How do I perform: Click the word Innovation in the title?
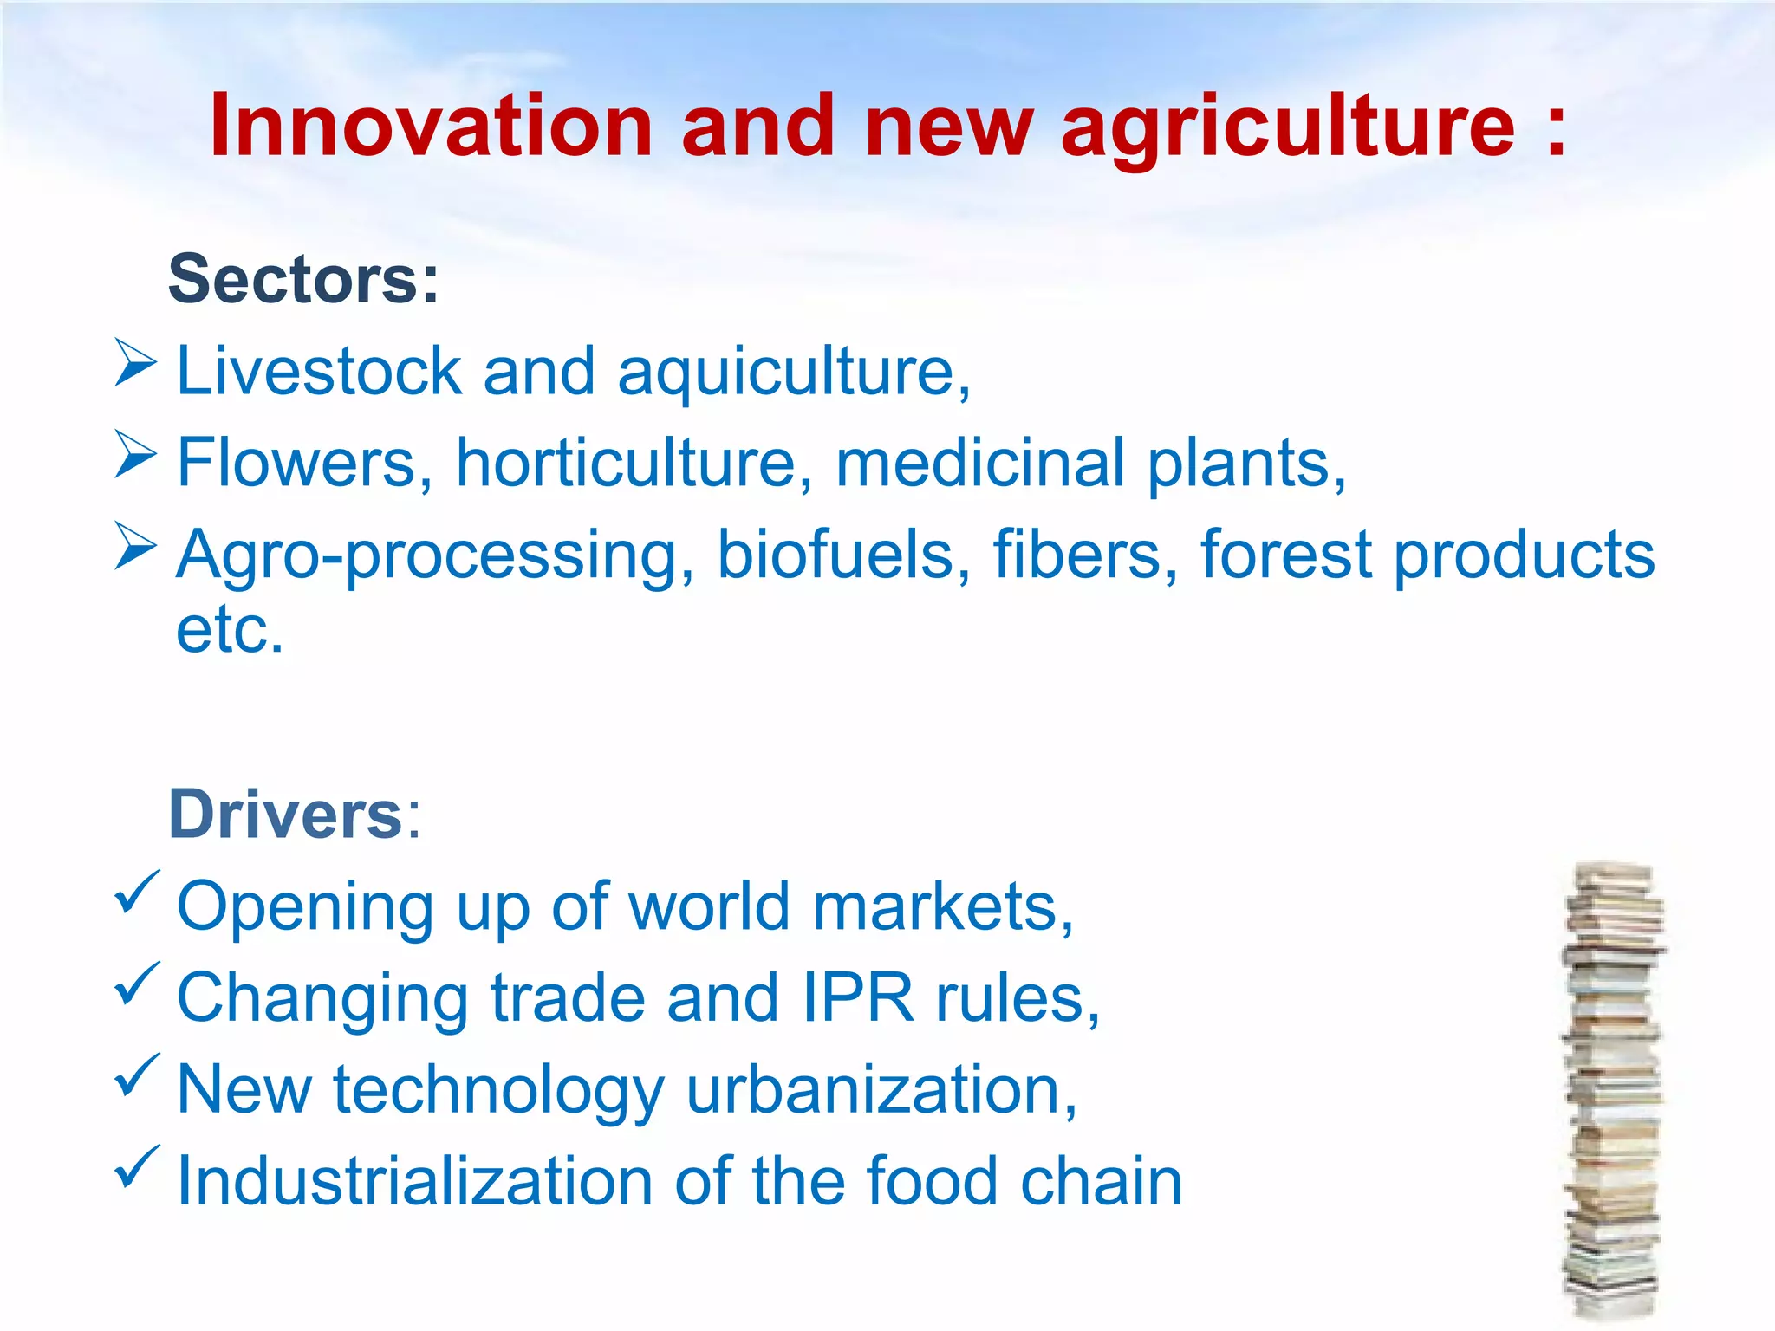(x=431, y=127)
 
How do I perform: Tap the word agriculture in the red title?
(x=1288, y=128)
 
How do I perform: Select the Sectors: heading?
(x=303, y=279)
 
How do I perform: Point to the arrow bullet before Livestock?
(x=135, y=363)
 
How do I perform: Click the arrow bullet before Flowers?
(x=135, y=455)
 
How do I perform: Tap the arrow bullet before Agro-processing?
(x=135, y=547)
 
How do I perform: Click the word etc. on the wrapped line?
(x=230, y=630)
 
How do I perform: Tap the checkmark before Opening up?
(x=137, y=893)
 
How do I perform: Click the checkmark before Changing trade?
(x=137, y=984)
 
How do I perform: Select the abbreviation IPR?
(x=857, y=998)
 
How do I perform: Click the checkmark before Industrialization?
(x=137, y=1167)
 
